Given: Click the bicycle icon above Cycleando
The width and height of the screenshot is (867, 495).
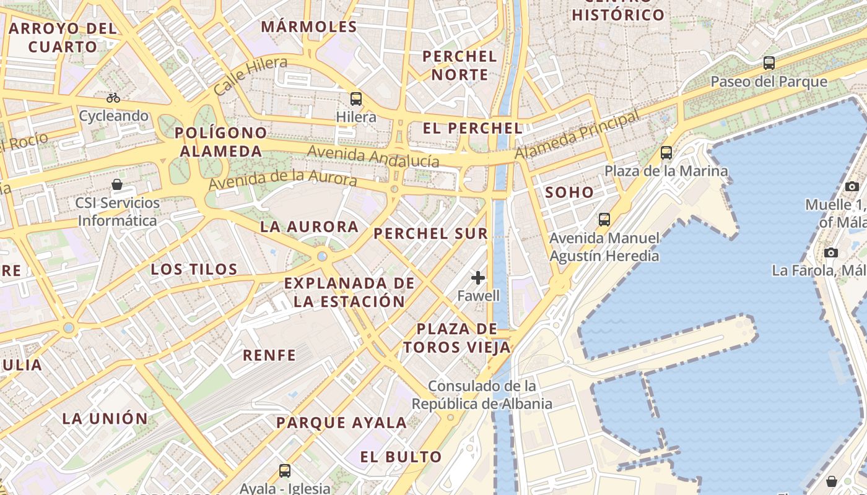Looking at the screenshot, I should coord(113,98).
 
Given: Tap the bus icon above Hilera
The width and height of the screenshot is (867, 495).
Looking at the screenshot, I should coord(356,98).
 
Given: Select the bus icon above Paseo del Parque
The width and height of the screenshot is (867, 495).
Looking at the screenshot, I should coord(769,62).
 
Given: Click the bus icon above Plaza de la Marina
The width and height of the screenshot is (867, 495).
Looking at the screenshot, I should coord(666,152).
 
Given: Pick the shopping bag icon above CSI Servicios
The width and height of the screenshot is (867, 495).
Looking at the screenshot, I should coord(117,184).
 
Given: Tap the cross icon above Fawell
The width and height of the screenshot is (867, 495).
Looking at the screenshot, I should coord(478,277).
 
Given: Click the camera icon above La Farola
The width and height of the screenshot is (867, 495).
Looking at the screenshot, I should coord(831,252).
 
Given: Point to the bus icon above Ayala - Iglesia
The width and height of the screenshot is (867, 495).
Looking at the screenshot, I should coord(285,471).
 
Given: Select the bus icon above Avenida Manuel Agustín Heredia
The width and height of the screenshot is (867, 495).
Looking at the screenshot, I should coord(604,219).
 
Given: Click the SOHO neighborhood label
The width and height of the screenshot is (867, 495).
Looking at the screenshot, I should coord(569,192).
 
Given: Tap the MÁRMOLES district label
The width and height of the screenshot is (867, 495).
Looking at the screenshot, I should coord(309,27).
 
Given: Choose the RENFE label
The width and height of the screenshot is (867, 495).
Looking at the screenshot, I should coord(269,355).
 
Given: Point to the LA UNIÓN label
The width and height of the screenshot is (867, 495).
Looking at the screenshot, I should coord(105,418).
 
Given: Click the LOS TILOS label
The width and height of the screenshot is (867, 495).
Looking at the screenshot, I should coord(194,269).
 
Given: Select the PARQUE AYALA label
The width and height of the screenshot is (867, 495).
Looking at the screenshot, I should coord(341,423).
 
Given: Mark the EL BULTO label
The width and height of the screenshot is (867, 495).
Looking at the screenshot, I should coord(401,457).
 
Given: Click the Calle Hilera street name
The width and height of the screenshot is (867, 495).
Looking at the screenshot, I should coord(250,75).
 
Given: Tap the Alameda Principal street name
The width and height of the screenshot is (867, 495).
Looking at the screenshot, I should coord(577,134).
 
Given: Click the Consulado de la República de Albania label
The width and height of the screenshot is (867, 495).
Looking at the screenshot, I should coord(482,395).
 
